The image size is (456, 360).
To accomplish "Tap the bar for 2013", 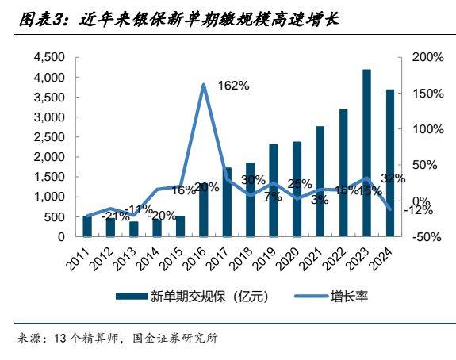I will (134, 229).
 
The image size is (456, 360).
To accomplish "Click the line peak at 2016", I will (204, 85).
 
